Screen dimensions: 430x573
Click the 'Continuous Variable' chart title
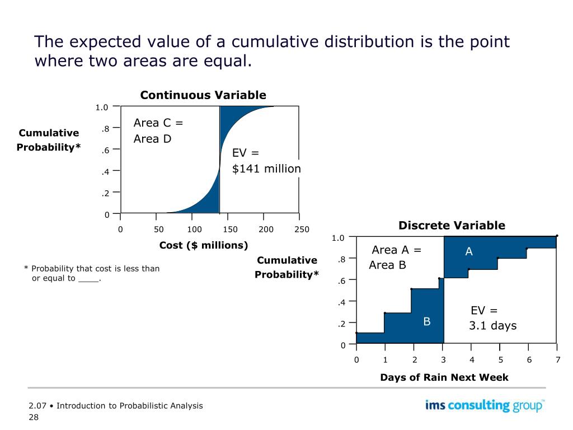pos(203,95)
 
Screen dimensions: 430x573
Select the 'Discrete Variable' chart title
pos(452,226)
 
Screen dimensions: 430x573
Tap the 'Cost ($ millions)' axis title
pos(204,245)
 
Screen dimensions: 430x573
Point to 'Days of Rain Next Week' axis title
pos(444,377)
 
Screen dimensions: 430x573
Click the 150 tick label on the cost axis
pos(230,230)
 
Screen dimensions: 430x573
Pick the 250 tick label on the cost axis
pos(302,230)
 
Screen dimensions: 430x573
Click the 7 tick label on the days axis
pos(558,360)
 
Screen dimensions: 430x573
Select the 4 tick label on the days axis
pos(472,360)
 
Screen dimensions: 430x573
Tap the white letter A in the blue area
pos(469,253)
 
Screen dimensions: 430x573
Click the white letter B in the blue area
pos(426,321)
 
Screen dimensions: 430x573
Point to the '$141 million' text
pos(266,169)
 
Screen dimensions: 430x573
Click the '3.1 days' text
pos(492,326)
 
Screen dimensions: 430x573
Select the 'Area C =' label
pos(158,123)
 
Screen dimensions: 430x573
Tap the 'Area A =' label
pos(396,250)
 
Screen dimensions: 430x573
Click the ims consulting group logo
pos(485,405)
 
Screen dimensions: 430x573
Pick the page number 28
pos(34,417)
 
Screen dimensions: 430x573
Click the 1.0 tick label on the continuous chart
pos(101,107)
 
